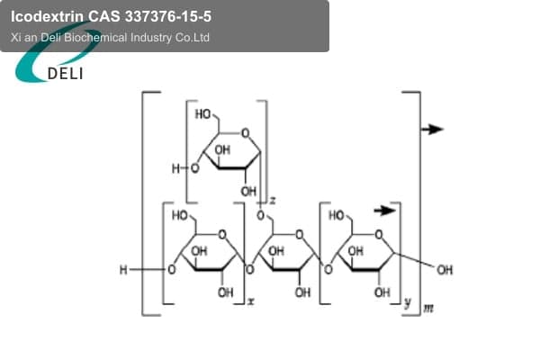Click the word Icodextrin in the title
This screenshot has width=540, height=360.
(47, 16)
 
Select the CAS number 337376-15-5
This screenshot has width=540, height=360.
(168, 16)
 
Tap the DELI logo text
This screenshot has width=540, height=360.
(65, 74)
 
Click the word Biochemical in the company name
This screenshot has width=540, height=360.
(95, 37)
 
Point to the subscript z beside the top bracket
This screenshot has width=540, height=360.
(273, 200)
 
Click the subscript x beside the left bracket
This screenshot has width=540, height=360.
(251, 301)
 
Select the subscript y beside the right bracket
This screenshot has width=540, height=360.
(408, 302)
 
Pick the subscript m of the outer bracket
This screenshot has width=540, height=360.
(428, 309)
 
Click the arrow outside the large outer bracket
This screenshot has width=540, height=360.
(433, 130)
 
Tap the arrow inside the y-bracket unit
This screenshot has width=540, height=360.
(385, 210)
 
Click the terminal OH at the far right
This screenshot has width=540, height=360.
(445, 270)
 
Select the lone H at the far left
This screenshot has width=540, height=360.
(123, 270)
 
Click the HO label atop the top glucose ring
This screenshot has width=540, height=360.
(203, 114)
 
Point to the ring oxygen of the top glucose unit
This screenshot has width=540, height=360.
(245, 133)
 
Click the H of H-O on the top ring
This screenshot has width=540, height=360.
(175, 169)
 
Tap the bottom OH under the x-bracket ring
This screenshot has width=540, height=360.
(226, 292)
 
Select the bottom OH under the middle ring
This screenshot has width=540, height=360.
(302, 292)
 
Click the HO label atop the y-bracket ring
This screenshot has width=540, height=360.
(337, 216)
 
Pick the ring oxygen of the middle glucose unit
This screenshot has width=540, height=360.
(300, 235)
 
